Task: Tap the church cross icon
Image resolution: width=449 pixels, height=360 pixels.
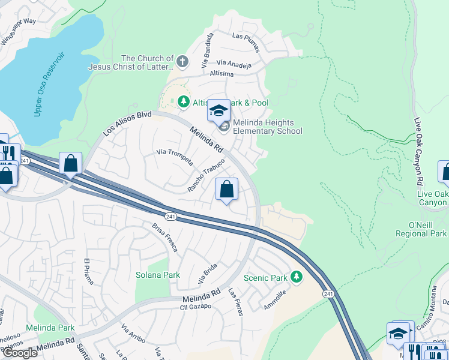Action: [x=183, y=61]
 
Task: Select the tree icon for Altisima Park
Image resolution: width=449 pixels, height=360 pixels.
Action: [x=183, y=103]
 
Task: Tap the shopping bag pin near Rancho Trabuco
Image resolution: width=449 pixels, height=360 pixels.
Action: [x=226, y=190]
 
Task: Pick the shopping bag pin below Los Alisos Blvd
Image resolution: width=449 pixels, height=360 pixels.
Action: [x=70, y=164]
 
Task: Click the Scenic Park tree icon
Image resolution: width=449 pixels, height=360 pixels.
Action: [x=295, y=277]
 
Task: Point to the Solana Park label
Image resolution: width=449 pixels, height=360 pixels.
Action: [x=158, y=275]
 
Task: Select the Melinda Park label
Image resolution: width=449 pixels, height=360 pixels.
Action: [x=50, y=328]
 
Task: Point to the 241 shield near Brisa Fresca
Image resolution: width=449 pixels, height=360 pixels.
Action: [x=170, y=214]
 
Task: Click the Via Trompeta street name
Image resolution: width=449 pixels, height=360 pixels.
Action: [x=175, y=157]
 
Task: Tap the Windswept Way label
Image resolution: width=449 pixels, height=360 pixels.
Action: [x=18, y=30]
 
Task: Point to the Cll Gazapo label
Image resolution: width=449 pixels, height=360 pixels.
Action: [x=196, y=306]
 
